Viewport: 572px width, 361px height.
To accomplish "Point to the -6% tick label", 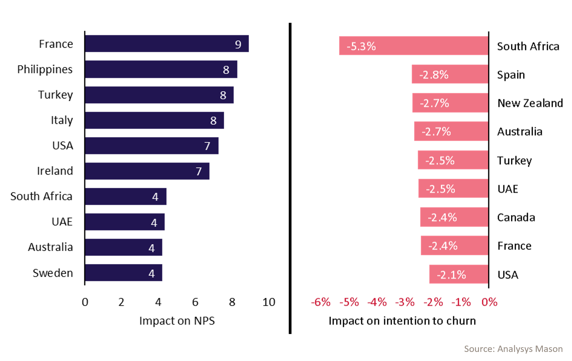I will [x=321, y=302].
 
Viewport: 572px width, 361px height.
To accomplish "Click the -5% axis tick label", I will [x=349, y=302].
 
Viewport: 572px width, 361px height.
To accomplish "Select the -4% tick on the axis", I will [x=377, y=302].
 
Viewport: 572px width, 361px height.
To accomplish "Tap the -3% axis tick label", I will [x=405, y=302].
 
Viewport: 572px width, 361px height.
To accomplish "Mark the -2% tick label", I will [x=433, y=302].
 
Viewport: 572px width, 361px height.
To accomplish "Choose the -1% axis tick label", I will [x=461, y=302].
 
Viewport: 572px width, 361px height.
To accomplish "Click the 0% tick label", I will [x=490, y=302].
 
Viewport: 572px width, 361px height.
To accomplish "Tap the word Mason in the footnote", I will [x=549, y=349].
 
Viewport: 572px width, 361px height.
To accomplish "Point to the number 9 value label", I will [x=238, y=45].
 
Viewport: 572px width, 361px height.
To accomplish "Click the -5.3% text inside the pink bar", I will [x=361, y=46].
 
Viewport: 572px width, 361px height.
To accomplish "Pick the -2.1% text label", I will [x=452, y=275].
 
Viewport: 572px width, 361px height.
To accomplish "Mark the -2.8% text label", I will [x=434, y=75].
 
